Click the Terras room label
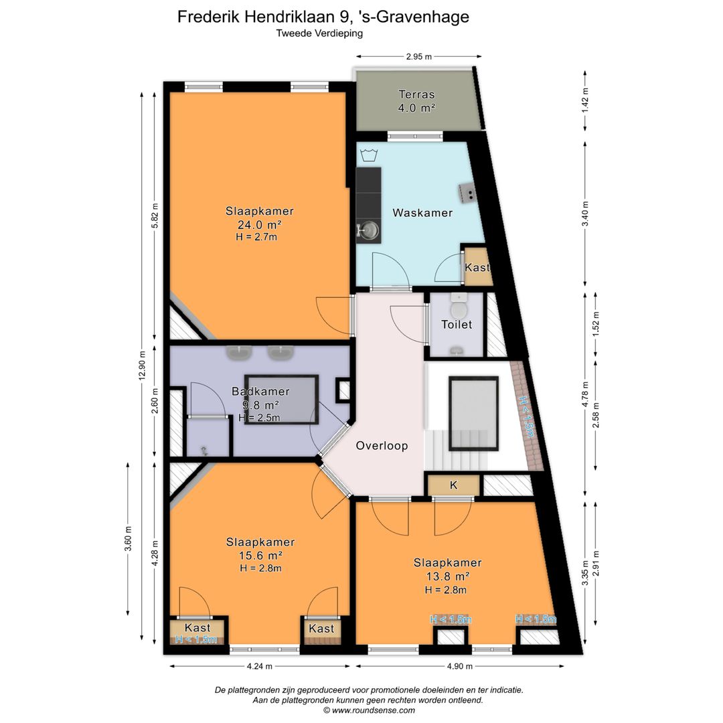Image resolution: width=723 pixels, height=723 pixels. click(416, 94)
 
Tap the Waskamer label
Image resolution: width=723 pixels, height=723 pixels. click(422, 213)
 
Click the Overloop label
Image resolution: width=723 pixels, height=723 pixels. click(382, 446)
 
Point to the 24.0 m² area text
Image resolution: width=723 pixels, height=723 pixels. click(260, 224)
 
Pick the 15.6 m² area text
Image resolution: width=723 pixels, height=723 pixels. click(260, 556)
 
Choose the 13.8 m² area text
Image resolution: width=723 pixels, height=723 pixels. click(448, 576)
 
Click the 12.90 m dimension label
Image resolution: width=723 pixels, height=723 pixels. click(142, 366)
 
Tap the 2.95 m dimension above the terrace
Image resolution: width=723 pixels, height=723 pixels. click(418, 57)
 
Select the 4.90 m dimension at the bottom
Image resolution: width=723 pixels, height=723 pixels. click(460, 666)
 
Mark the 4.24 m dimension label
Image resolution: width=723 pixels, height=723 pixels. click(260, 666)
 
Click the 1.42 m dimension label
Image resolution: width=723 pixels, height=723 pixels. click(585, 100)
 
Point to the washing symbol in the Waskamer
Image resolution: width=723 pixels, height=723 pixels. click(368, 155)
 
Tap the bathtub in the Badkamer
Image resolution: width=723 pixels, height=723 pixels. click(281, 400)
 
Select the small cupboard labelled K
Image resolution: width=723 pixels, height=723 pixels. click(454, 485)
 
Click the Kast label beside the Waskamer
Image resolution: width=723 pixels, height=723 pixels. click(477, 267)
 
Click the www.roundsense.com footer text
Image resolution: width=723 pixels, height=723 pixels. click(373, 710)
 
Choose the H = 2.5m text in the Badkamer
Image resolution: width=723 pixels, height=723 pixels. click(259, 418)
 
